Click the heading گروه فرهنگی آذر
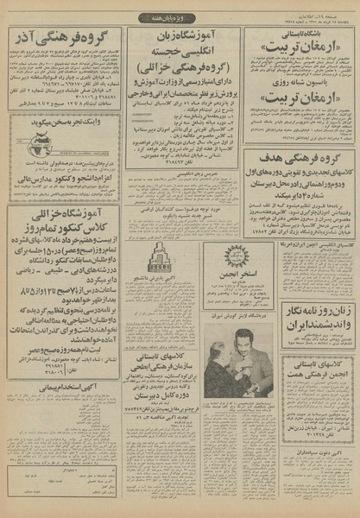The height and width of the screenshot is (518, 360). (63, 40)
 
